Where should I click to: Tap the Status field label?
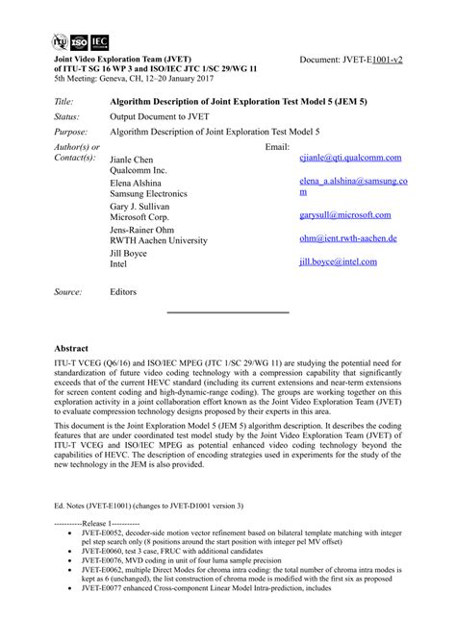point(66,116)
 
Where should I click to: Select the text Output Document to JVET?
point(165,116)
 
